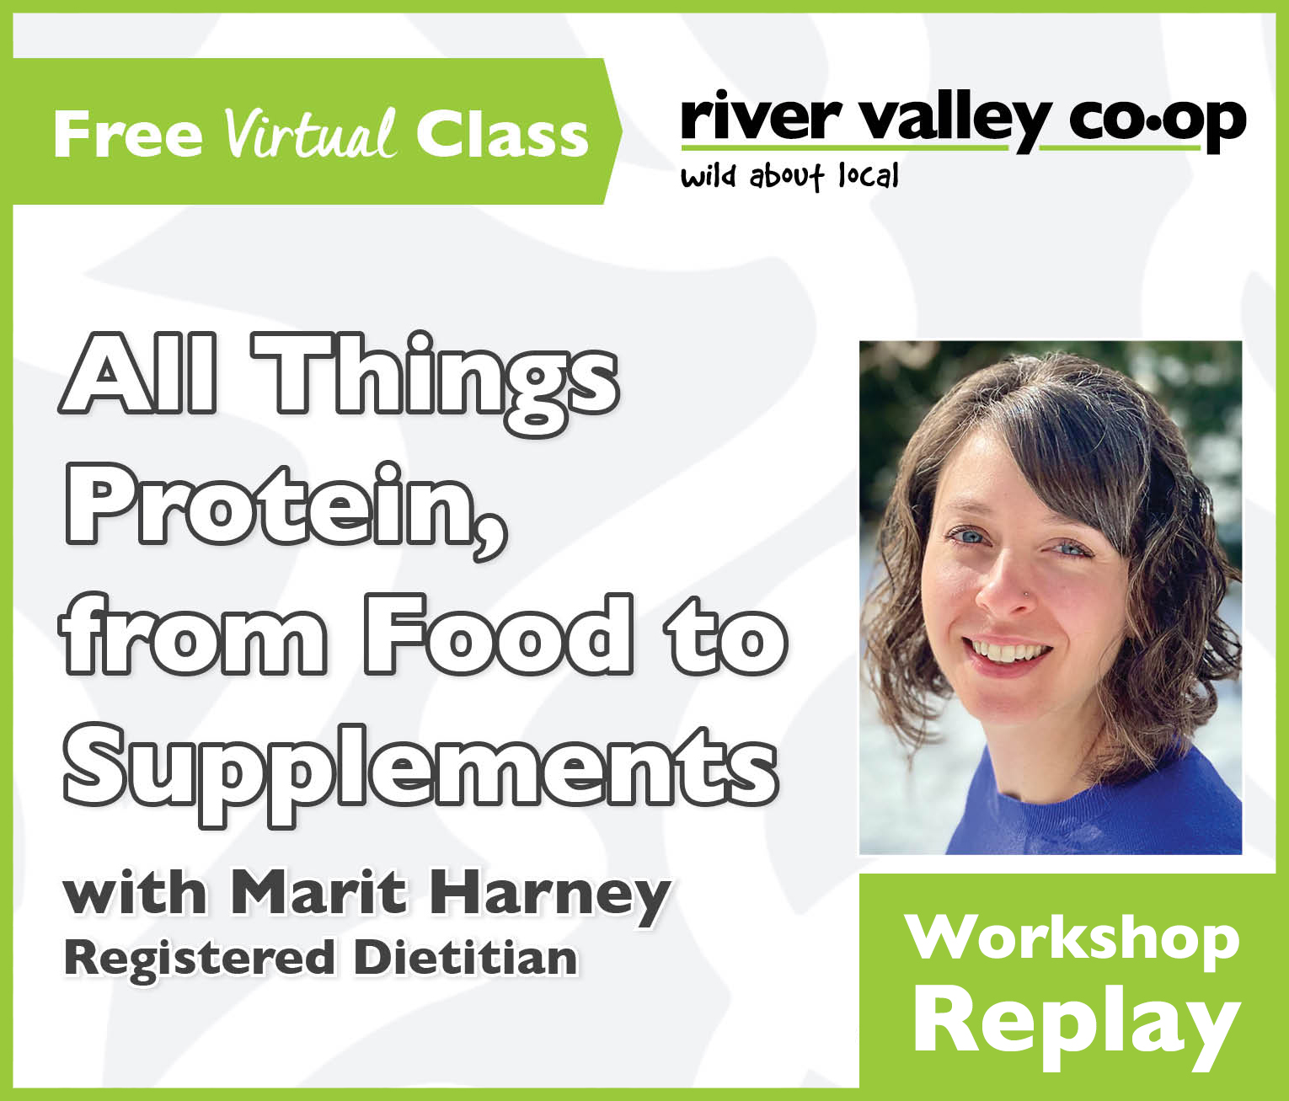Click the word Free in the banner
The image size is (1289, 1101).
(x=127, y=135)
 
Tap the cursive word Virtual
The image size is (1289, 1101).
(x=309, y=135)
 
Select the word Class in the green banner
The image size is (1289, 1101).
(x=502, y=135)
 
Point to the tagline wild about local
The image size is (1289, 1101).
(x=789, y=177)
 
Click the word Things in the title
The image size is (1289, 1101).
(x=436, y=376)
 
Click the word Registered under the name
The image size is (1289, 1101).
(x=199, y=959)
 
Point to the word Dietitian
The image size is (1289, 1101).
(x=466, y=958)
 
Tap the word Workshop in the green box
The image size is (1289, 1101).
(x=1072, y=937)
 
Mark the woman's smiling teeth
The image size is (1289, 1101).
(x=1007, y=651)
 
